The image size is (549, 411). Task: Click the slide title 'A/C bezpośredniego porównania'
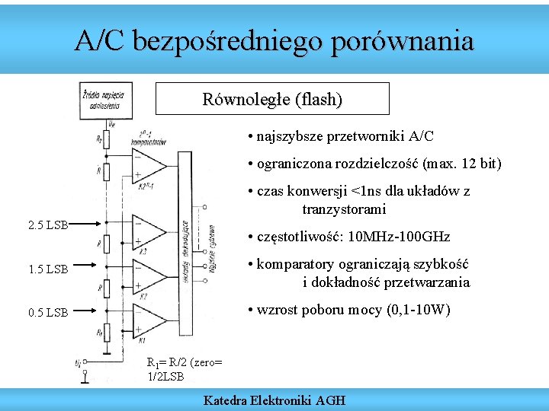(x=274, y=40)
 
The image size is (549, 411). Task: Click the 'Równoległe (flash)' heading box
(x=272, y=99)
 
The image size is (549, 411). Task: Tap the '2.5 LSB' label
(x=47, y=225)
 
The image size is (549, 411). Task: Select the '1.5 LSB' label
(x=47, y=269)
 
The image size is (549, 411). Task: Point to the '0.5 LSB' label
(x=47, y=312)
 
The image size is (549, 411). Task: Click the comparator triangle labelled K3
(x=148, y=231)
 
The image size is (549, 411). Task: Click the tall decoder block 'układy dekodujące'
(x=185, y=244)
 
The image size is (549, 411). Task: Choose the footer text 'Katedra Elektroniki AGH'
(x=274, y=400)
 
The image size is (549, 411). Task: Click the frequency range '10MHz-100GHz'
(x=399, y=237)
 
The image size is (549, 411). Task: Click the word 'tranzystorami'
(x=344, y=209)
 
